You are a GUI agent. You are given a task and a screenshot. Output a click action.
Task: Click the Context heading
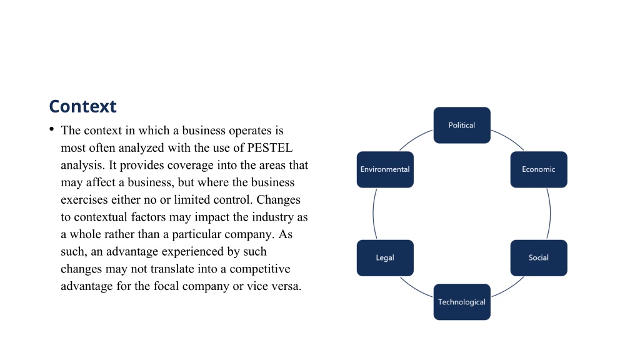pos(83,106)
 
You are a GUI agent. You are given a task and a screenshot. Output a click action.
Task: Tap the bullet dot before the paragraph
pos(51,129)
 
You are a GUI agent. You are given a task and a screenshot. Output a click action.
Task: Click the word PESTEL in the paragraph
pos(270,147)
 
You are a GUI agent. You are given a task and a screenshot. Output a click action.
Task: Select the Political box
pos(462,125)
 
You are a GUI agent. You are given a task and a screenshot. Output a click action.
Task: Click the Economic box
pos(539,169)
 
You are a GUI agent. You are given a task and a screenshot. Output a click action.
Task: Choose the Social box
pos(539,258)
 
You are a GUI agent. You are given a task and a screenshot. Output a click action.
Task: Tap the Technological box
pos(462,302)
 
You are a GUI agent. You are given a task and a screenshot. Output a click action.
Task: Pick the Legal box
pos(385,258)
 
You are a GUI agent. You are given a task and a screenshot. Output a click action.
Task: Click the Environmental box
pos(385,169)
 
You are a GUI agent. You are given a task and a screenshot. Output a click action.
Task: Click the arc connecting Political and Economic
pos(509,138)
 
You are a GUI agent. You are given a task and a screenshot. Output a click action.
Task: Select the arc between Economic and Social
pos(550,214)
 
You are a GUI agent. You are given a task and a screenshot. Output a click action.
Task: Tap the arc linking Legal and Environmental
pos(374,214)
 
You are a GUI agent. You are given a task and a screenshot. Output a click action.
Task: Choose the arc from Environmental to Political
pos(415,139)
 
